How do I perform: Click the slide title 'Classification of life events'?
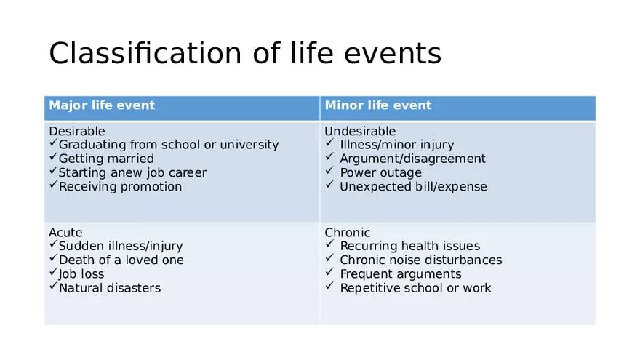coord(244,54)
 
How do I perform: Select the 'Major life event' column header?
coord(102,105)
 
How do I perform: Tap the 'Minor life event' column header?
coord(377,105)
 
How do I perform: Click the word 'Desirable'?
coord(76,131)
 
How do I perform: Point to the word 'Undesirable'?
coord(360,131)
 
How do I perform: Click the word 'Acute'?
coord(65,233)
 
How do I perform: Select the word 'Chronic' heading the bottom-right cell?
coord(347,233)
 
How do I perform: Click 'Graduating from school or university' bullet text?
coord(168,145)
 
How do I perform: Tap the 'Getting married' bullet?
coord(106,159)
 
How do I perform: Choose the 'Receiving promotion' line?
coord(120,187)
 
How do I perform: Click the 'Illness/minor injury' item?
coord(396,145)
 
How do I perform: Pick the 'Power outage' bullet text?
coord(380,173)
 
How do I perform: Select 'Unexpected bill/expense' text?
coord(413,187)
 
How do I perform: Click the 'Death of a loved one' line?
coord(121,260)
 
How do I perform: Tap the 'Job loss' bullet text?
coord(81,274)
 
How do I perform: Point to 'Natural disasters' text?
coord(109,288)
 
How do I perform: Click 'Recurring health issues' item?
coord(409,247)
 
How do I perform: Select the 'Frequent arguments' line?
coord(400,274)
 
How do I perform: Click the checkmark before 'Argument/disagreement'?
coord(329,159)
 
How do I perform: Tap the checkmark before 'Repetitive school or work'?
coord(329,288)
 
